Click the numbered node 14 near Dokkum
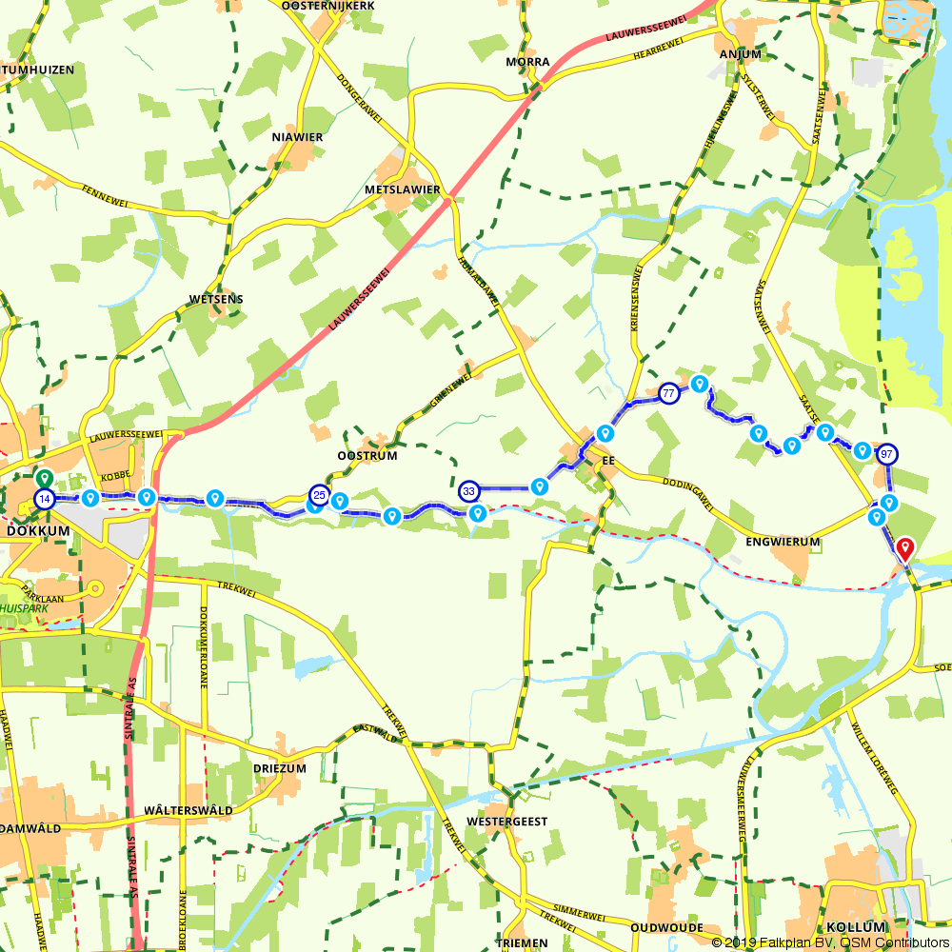pos(44,499)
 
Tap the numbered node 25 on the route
pos(319,495)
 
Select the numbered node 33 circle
pos(468,491)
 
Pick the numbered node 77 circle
pos(669,393)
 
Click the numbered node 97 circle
pos(887,453)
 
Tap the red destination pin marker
pos(904,548)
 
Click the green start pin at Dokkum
pos(43,479)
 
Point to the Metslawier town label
pos(403,189)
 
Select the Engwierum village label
pos(783,542)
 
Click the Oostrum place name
pos(367,456)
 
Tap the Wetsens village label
pos(216,299)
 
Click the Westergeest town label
pos(507,821)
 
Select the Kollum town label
pos(857,926)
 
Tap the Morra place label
pos(528,62)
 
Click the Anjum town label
pos(741,54)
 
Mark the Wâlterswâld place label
pos(188,810)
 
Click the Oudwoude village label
pos(666,927)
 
